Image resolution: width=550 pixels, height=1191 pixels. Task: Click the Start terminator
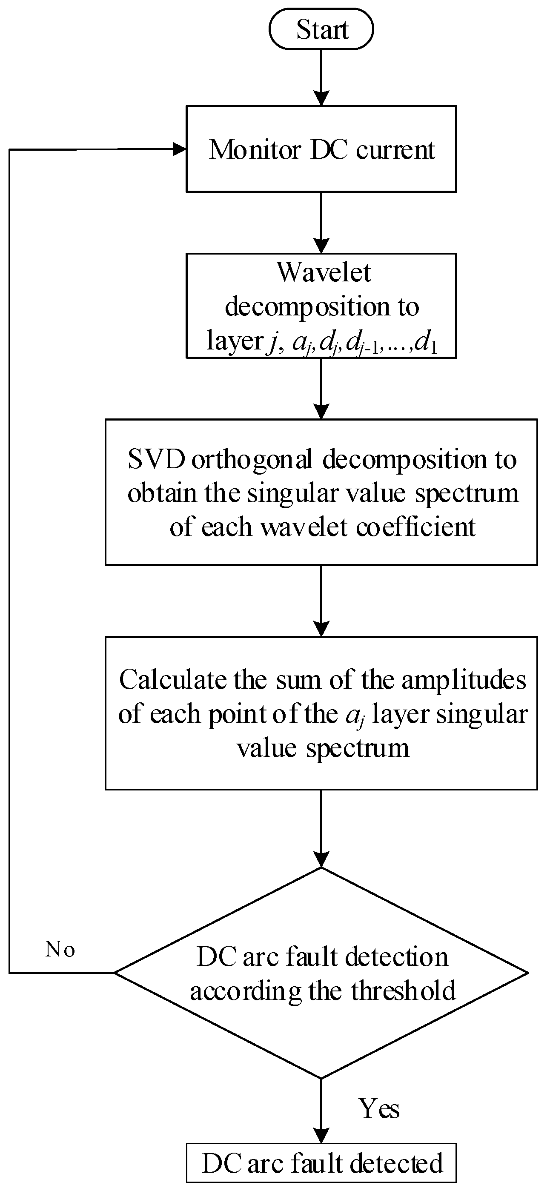tap(321, 30)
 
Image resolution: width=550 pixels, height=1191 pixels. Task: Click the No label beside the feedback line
tap(60, 950)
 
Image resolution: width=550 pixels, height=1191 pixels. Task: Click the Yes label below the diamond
tap(379, 1109)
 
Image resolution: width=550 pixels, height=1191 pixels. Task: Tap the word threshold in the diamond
tap(403, 991)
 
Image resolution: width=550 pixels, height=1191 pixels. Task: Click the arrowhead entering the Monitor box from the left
tap(180, 149)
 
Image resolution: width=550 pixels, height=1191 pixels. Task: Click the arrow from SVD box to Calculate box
tap(321, 601)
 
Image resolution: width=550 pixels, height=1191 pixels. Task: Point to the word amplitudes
tap(464, 680)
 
